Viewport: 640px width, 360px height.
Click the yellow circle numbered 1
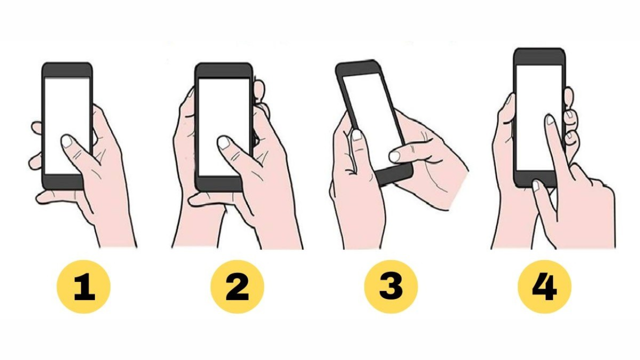tap(83, 286)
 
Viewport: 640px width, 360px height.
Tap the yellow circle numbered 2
tap(237, 286)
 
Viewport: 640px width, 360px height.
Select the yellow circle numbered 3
tap(391, 286)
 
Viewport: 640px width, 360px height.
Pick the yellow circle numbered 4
tap(544, 286)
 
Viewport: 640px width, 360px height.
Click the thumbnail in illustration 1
tap(67, 141)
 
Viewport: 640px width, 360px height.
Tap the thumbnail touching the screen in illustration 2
tap(223, 142)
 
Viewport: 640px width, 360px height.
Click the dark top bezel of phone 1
tap(67, 70)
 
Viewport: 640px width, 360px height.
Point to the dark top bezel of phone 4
tap(539, 57)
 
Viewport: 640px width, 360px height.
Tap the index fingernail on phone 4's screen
tap(550, 119)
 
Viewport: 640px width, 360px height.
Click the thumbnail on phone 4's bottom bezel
tap(536, 185)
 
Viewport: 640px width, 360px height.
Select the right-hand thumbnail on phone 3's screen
tap(394, 156)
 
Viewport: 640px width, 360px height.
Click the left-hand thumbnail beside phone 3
tap(356, 135)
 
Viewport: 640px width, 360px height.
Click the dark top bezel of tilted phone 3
tap(357, 68)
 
